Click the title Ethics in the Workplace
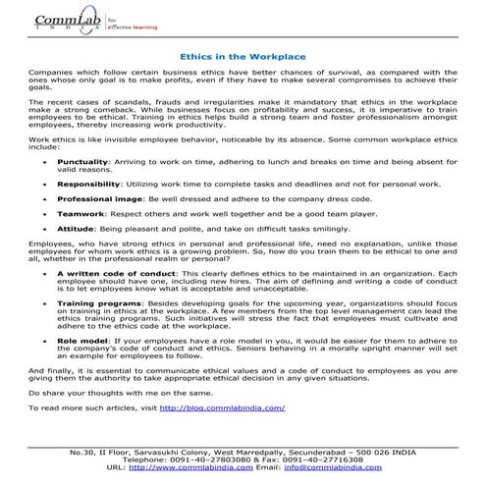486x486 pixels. coord(242,57)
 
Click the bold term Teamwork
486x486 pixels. coord(80,211)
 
